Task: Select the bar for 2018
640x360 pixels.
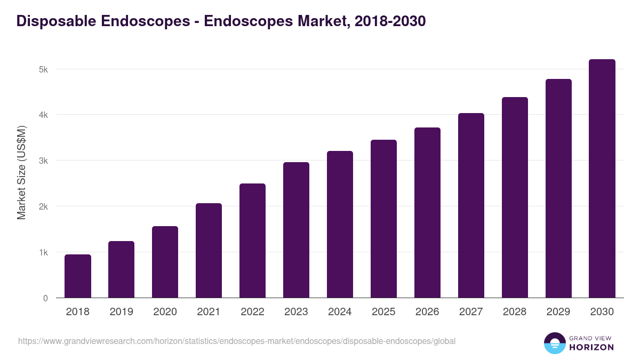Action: pos(78,276)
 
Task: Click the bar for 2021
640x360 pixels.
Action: pos(209,251)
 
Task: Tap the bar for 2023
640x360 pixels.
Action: pos(297,230)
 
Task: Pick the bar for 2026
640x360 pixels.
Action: pos(428,213)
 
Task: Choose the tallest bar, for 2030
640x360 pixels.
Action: pos(602,179)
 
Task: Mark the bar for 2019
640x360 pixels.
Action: pos(122,269)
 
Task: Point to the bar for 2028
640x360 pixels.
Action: pos(515,197)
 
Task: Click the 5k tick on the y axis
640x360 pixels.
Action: pos(43,69)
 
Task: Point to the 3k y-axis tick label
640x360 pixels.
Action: pos(43,161)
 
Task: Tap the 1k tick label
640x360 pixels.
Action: pos(43,252)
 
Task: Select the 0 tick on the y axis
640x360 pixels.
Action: pos(45,298)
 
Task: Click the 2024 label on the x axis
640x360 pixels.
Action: pos(340,312)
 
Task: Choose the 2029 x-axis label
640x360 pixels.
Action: pos(558,312)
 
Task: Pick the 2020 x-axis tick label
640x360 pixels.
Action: pos(165,312)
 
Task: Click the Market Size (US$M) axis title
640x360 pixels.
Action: pos(21,172)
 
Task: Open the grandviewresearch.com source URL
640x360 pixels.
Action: pos(237,341)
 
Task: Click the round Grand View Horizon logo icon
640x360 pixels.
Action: pos(555,343)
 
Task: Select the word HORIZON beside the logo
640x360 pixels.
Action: pos(591,347)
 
